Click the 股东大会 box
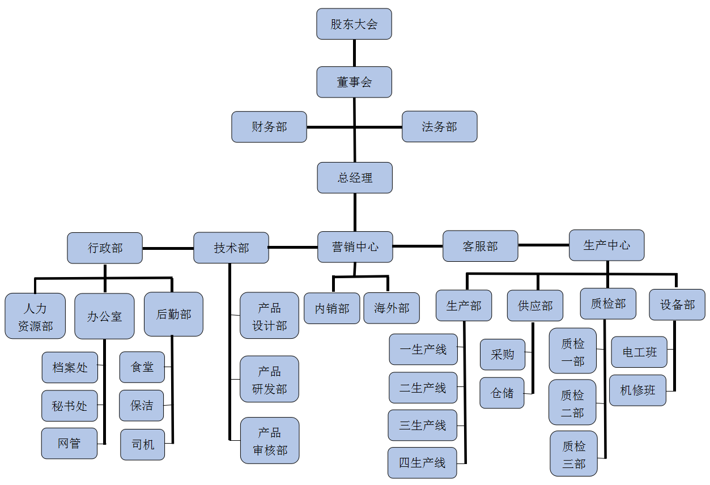pos(354,24)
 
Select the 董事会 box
pos(354,82)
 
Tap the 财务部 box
pos(269,126)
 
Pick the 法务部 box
pos(439,126)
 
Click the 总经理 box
pos(355,177)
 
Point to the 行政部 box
pos(105,248)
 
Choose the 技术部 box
pos(231,248)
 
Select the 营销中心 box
pos(355,246)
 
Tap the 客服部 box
pos(481,246)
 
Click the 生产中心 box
pos(607,245)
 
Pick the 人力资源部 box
pos(35,316)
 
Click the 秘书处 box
pos(70,406)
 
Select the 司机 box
pos(142,444)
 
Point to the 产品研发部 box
pos(269,379)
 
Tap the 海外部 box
pos(392,308)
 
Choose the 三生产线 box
pos(423,425)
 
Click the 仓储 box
pos(502,393)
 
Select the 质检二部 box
pos(572,402)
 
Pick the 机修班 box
pos(637,390)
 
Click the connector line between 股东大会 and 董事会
pos(355,53)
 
